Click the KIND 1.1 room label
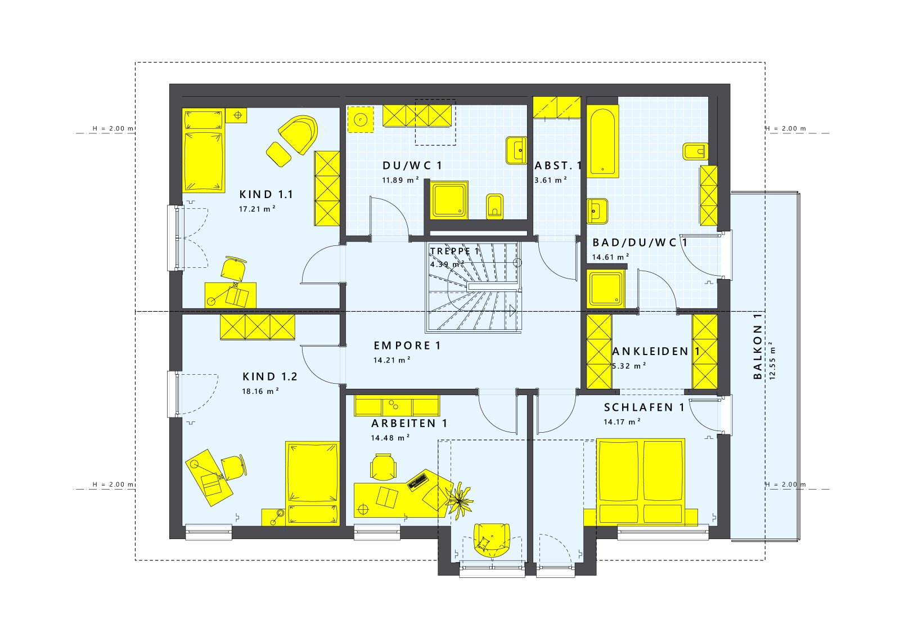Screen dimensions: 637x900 click(266, 195)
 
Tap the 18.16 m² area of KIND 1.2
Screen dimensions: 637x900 click(260, 391)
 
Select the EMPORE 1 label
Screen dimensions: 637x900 click(407, 346)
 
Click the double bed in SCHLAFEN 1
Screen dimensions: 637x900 click(641, 481)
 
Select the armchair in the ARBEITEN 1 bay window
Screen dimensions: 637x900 click(492, 540)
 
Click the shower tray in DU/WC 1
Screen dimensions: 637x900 click(449, 200)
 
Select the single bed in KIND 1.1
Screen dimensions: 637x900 click(204, 151)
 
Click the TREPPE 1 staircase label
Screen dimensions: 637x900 click(454, 252)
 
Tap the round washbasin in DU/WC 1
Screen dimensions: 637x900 click(360, 119)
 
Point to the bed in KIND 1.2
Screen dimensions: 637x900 click(313, 483)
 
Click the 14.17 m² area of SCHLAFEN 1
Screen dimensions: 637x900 click(622, 422)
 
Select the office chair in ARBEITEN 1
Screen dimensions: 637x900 click(383, 467)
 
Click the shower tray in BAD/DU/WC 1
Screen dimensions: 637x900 click(606, 289)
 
